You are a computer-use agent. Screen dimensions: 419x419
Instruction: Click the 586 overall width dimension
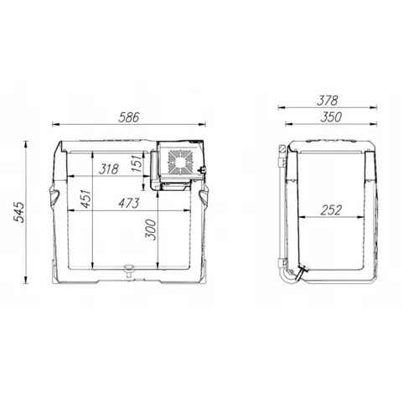click(128, 117)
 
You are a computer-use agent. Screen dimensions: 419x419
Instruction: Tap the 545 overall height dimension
click(19, 212)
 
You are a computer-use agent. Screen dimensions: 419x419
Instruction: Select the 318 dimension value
click(110, 169)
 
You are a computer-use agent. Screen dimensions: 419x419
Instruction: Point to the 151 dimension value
click(137, 163)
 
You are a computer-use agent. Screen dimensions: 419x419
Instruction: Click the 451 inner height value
click(86, 199)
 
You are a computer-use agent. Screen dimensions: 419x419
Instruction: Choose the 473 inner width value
click(129, 204)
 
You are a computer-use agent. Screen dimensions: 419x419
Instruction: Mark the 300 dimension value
click(150, 230)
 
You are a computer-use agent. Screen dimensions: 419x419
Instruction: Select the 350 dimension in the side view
click(331, 117)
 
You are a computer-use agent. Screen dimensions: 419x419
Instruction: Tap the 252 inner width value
click(331, 210)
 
